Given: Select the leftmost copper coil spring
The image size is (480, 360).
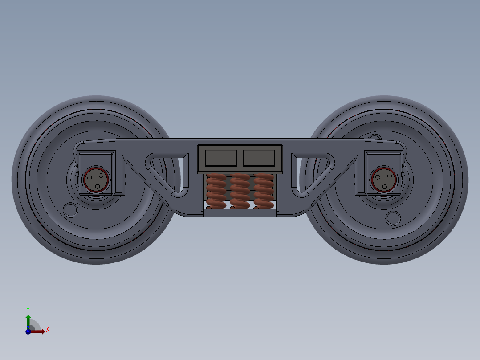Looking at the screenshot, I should coord(216,191).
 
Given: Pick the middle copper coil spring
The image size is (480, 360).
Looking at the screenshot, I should coord(240,191).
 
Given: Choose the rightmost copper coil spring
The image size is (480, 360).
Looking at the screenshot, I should coord(263,191).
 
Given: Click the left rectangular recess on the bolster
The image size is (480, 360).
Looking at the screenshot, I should coord(220,157).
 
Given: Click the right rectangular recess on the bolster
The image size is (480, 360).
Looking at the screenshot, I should coord(259,157).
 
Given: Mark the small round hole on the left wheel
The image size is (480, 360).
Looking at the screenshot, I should coord(70,209).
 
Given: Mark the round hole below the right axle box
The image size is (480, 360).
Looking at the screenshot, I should coord(393,218).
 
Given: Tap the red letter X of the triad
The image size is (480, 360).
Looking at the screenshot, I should coord(47,330).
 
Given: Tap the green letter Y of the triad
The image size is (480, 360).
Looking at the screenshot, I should coord(28,309).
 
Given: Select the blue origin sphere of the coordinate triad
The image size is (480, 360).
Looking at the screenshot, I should coord(28,331).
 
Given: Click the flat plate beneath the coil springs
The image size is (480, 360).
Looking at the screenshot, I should coord(240,213).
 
